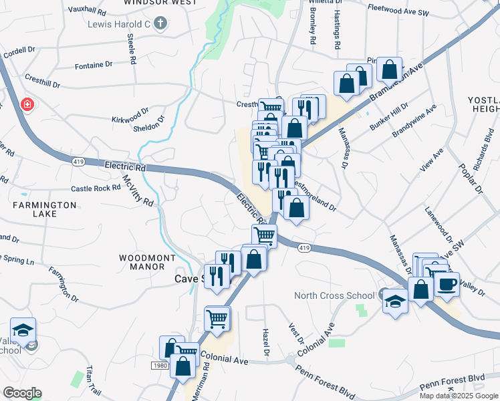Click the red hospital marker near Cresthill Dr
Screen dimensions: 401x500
[26, 104]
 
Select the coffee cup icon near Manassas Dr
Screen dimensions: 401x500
[447, 285]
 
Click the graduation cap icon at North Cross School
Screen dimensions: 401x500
[395, 301]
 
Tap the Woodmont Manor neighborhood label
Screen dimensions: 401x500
[147, 262]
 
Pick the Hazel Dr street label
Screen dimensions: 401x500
[266, 341]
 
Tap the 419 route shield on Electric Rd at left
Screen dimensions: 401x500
[78, 160]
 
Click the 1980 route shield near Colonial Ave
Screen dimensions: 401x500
[160, 366]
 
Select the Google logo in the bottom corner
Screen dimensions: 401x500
[22, 393]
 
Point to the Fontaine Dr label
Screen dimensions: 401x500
[94, 65]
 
